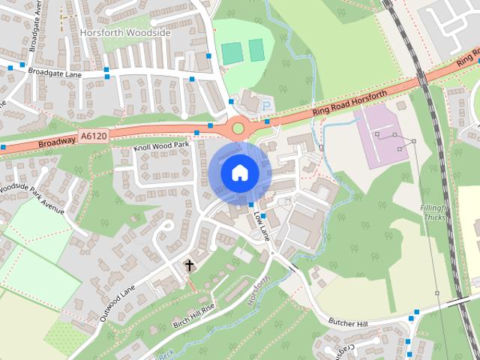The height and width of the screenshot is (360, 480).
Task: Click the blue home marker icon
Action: click(239, 172)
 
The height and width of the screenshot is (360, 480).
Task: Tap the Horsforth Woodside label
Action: click(125, 33)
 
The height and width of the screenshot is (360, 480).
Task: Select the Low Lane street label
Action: click(262, 224)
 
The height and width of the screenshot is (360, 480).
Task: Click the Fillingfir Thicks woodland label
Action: click(434, 211)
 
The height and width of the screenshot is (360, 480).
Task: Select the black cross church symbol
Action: click(189, 265)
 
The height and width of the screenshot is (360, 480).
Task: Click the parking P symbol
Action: click(266, 107)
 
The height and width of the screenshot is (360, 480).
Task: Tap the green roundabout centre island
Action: click(238, 128)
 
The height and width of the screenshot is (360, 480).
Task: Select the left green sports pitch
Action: click(232, 52)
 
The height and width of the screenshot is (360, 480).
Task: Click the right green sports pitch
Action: click(257, 50)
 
